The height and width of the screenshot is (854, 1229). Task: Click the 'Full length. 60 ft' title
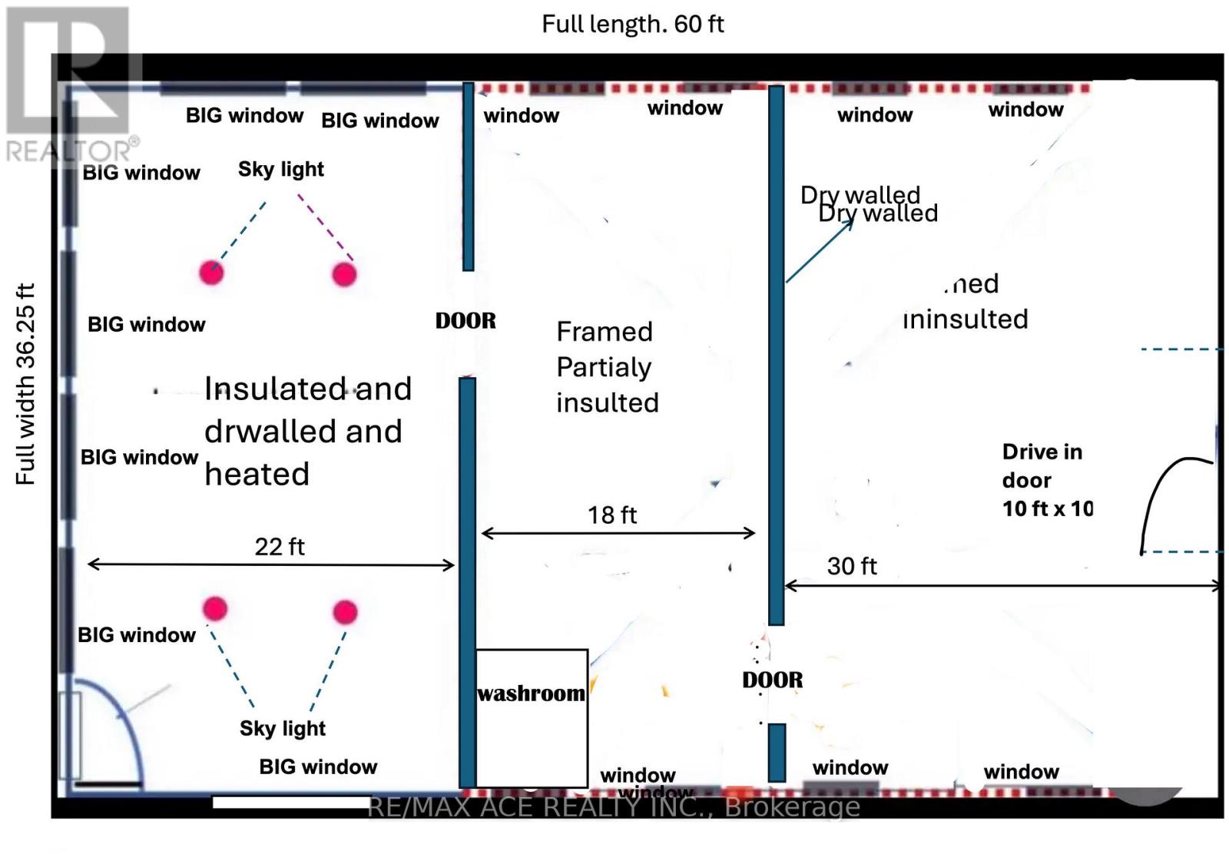click(632, 24)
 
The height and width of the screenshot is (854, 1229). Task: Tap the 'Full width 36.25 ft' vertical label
click(26, 384)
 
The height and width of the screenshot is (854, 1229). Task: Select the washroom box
click(532, 717)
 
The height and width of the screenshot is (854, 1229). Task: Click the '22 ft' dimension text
click(280, 546)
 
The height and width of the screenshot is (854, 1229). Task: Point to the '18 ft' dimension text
click(612, 515)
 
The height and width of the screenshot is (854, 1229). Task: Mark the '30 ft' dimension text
click(852, 566)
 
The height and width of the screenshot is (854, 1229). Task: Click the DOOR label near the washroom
click(772, 680)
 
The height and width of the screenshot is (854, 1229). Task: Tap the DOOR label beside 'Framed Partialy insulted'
click(465, 320)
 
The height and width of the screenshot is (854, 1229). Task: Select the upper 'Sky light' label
click(281, 169)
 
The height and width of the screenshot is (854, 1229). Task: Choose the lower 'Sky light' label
click(283, 728)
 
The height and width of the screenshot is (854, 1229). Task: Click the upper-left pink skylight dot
click(211, 272)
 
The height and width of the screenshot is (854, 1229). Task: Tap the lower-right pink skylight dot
click(345, 612)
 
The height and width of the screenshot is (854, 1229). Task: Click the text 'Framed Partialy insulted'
click(607, 367)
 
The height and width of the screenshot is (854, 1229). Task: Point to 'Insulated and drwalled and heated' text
click(307, 431)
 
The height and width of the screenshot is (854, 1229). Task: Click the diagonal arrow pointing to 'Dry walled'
click(819, 251)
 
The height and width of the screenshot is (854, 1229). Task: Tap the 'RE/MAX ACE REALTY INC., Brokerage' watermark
click(614, 806)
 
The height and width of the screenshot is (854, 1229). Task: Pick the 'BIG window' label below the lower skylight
click(318, 766)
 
